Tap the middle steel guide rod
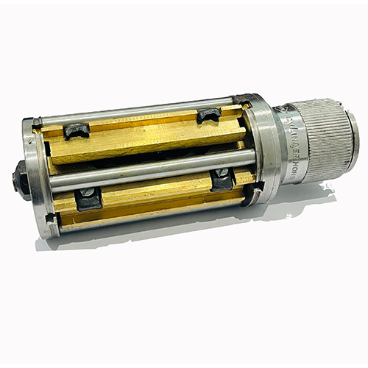coord(155,169)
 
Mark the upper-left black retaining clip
coord(76,130)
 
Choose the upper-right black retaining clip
coord(208,114)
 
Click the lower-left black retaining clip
coord(88,197)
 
